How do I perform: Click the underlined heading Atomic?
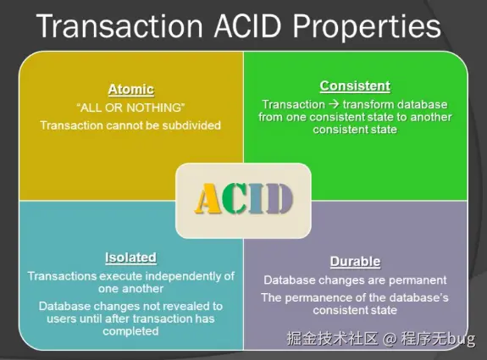click(130, 90)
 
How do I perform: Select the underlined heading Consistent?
click(355, 86)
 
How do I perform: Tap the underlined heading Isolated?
click(130, 258)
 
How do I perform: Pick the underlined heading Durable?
click(355, 262)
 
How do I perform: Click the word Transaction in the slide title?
click(119, 26)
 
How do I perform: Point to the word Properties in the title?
click(367, 27)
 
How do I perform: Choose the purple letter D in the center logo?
click(279, 198)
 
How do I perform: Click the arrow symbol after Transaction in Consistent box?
click(334, 104)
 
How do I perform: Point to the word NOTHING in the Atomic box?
click(154, 108)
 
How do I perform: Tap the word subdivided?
click(191, 126)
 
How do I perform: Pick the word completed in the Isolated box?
click(130, 332)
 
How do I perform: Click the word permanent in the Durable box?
click(418, 280)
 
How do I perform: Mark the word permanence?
click(318, 298)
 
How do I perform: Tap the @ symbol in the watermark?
click(390, 339)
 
